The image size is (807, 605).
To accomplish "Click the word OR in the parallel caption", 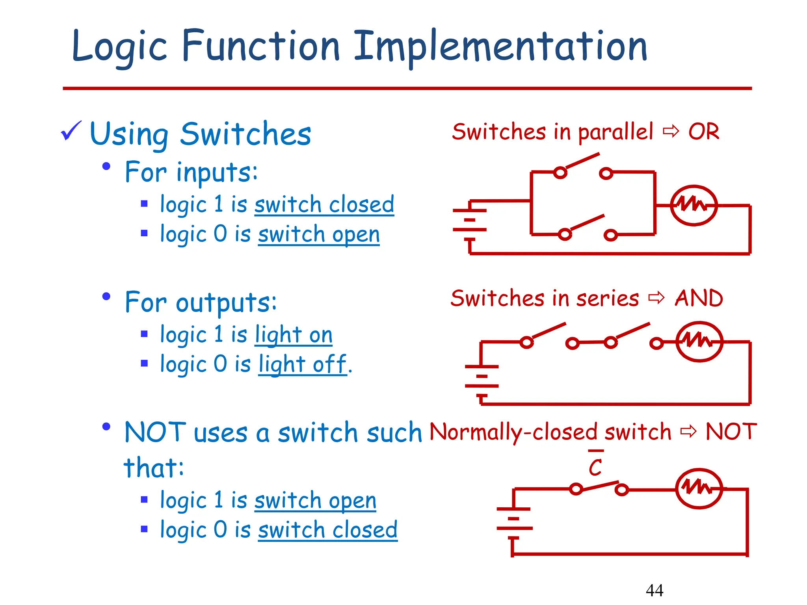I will tap(704, 132).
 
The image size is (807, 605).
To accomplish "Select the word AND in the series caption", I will tap(699, 298).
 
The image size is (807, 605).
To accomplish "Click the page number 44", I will tap(655, 590).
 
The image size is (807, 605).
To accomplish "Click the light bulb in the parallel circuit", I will tap(694, 205).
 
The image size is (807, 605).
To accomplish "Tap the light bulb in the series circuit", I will tap(699, 341).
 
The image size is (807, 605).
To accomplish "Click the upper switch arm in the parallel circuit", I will tap(582, 161).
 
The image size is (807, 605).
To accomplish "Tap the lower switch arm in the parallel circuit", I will tap(587, 223).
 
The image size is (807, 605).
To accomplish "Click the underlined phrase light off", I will tap(303, 364).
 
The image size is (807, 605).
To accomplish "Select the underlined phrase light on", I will tap(294, 335).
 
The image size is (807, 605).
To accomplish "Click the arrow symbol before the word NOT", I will tap(688, 432).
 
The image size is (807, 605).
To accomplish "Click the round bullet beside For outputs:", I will tap(106, 296).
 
